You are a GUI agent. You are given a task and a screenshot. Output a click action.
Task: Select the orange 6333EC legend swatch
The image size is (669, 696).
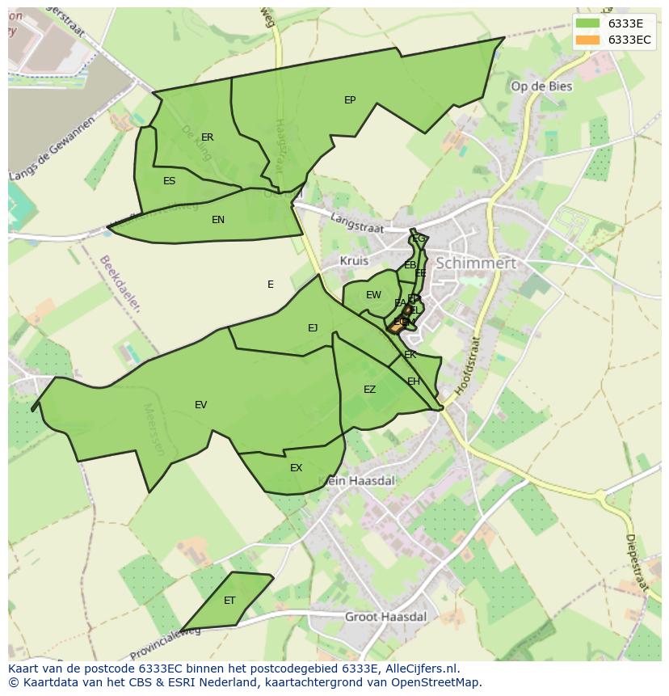click(x=587, y=40)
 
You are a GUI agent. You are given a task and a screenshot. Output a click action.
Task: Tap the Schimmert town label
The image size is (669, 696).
click(x=475, y=264)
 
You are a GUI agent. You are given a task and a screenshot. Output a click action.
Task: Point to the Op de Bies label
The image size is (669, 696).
click(x=541, y=86)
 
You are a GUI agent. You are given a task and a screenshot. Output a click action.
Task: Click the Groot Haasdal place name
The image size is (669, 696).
click(x=385, y=617)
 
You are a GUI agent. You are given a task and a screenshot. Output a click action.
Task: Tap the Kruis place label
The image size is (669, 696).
click(x=354, y=261)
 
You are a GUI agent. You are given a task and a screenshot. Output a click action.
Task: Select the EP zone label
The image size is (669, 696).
click(x=350, y=100)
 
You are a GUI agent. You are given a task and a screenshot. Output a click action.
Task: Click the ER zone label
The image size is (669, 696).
click(x=208, y=137)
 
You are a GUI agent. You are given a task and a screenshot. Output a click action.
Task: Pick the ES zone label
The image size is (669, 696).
click(x=169, y=181)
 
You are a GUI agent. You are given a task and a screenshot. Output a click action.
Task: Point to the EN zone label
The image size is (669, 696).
click(x=218, y=220)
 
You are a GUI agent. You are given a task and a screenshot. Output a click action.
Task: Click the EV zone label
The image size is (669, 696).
click(x=201, y=405)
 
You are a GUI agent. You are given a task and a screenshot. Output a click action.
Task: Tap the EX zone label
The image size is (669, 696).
click(x=296, y=468)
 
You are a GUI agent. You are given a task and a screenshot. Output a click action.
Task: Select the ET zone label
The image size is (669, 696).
click(x=229, y=601)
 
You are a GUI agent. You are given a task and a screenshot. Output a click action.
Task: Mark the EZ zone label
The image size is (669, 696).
click(x=369, y=390)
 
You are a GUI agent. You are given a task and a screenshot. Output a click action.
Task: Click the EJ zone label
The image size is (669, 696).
click(x=313, y=327)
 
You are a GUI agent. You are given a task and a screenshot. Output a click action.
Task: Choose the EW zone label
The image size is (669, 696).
click(x=373, y=295)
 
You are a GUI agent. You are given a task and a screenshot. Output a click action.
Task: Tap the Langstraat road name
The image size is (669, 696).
click(x=356, y=224)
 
